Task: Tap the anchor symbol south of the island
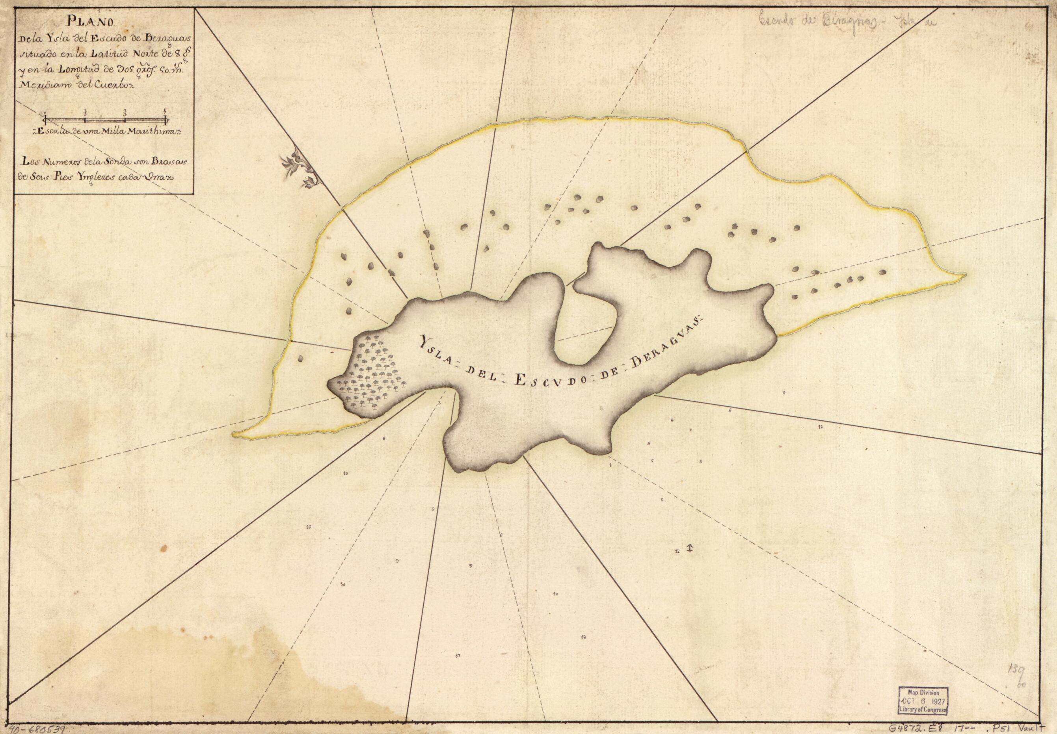click(x=689, y=547)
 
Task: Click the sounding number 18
click(x=583, y=637)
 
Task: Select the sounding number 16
click(x=308, y=527)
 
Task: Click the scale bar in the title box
click(x=106, y=119)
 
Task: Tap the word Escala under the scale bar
click(x=52, y=132)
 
